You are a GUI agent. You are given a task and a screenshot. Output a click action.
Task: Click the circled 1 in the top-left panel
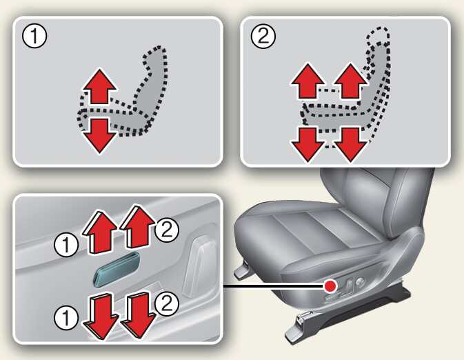(34, 37)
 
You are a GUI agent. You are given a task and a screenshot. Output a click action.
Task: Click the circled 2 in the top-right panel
(263, 37)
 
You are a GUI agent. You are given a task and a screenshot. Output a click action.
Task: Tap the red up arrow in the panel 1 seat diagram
(100, 86)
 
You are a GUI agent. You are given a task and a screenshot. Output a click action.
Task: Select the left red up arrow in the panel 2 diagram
(308, 81)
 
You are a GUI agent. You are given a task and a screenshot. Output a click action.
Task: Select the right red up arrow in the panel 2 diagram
(351, 81)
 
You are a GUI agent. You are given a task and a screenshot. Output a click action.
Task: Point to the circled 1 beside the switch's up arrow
(66, 245)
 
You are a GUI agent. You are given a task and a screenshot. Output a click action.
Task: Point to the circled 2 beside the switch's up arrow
(167, 230)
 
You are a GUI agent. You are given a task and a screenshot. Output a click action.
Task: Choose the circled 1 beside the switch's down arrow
(66, 318)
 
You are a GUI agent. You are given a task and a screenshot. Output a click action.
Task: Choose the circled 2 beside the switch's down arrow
(167, 303)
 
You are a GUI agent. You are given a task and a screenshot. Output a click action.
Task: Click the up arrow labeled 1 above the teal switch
(100, 232)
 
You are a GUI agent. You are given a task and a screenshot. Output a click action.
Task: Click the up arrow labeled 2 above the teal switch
(138, 226)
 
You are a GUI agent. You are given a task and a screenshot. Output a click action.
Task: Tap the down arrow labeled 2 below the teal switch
(138, 314)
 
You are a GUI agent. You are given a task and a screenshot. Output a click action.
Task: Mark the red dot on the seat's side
(330, 286)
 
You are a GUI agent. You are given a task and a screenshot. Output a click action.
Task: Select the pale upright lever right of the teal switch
(199, 267)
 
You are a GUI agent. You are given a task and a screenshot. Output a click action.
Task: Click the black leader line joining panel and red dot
(273, 286)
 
